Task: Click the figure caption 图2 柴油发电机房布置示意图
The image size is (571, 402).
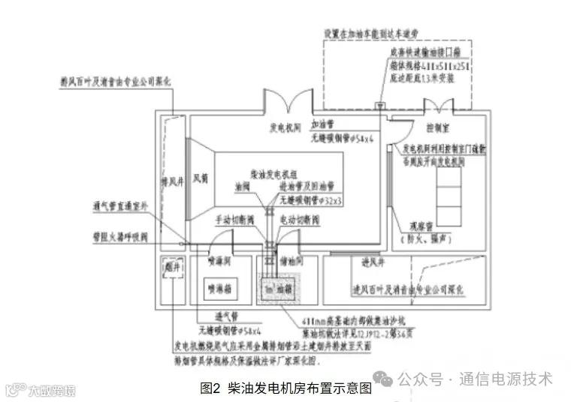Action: tap(286, 388)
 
